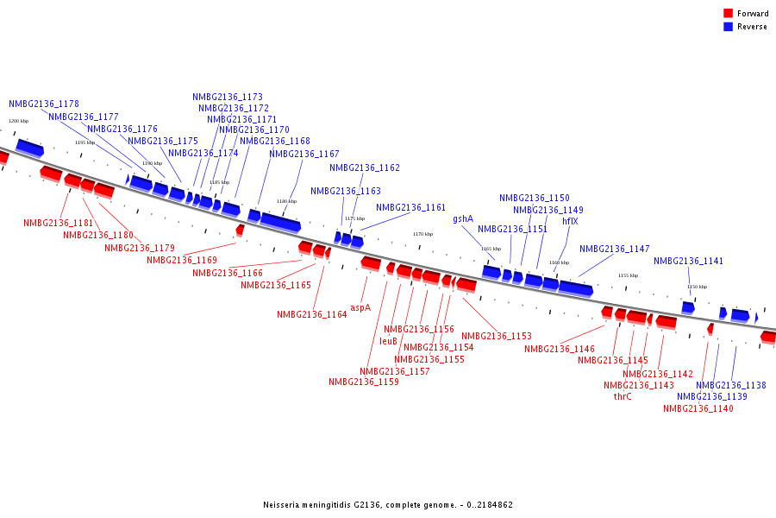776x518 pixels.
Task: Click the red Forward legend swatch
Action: tap(728, 14)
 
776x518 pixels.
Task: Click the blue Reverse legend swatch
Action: tap(728, 27)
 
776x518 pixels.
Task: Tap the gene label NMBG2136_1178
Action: tap(44, 104)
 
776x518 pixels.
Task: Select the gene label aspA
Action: tap(360, 307)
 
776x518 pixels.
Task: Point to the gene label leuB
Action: tap(388, 341)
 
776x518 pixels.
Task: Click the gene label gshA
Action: tap(463, 219)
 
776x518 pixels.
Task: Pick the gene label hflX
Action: tap(570, 221)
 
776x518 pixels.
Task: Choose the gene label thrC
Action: tap(623, 396)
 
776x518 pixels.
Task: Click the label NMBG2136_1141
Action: tap(688, 261)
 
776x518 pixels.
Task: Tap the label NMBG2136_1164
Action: tap(311, 314)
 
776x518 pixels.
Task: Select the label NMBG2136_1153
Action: tap(496, 336)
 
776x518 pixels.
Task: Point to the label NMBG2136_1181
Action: tap(58, 223)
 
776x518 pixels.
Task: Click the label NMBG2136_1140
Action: tap(698, 408)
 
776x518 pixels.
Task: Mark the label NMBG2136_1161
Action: tap(410, 207)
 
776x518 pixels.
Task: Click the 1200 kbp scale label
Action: tap(18, 122)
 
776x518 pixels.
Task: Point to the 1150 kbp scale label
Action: tap(697, 287)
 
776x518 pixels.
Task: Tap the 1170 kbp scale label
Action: tap(422, 234)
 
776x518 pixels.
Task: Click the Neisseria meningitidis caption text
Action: tap(388, 504)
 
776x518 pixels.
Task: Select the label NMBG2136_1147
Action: tap(614, 249)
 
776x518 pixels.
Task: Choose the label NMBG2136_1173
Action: tap(228, 97)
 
